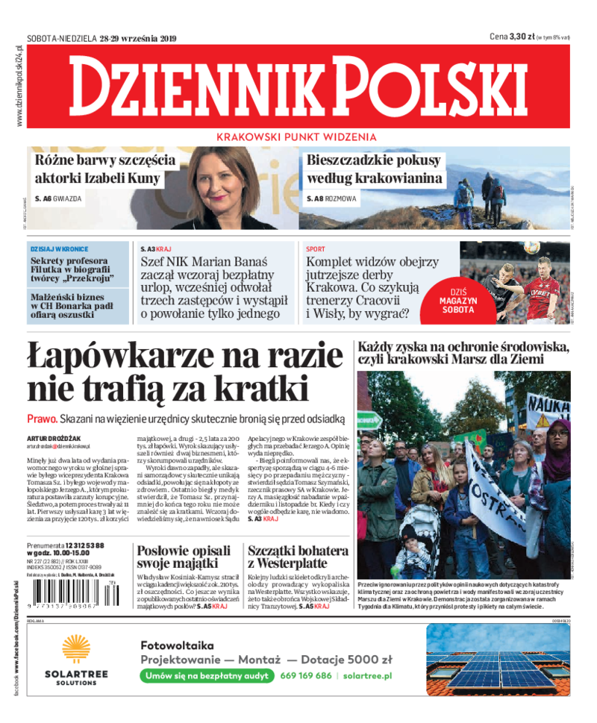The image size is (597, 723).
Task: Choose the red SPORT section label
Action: click(316, 248)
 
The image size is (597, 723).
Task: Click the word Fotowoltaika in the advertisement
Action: click(177, 645)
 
